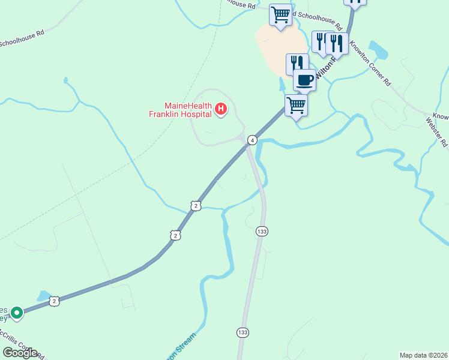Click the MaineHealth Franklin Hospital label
pos(181,109)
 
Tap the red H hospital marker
pos(221,109)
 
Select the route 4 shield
pos(253,140)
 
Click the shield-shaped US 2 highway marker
pos(175,235)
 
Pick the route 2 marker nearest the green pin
pos(54,301)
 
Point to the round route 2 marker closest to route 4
pos(196,206)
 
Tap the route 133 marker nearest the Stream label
pos(243,332)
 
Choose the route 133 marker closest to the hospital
pos(261,231)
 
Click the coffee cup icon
pos(304,80)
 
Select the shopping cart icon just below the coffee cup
pos(296,106)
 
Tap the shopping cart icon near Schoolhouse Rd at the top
pos(280,14)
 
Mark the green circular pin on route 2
pos(17,313)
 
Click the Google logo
pos(20,352)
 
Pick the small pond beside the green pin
pos(43,296)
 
